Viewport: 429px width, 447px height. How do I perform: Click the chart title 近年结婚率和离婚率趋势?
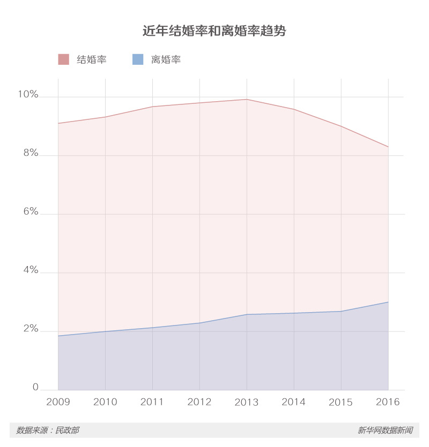click(214, 31)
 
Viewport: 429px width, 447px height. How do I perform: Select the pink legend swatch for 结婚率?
click(63, 59)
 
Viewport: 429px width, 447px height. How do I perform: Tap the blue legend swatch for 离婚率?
click(138, 59)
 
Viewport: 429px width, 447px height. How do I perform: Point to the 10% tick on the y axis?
click(28, 95)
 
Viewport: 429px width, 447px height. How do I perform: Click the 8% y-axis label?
click(30, 154)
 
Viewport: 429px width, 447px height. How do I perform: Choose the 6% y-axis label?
click(30, 212)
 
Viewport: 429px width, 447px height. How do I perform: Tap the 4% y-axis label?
click(30, 270)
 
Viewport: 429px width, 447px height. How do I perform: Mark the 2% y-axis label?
click(30, 329)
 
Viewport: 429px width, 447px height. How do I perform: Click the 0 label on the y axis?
click(35, 387)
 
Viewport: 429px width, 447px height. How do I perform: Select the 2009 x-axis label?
click(58, 402)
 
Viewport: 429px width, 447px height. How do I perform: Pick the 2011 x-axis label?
click(152, 402)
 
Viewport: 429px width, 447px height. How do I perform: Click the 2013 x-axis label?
click(247, 402)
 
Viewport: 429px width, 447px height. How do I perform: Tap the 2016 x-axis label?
click(388, 402)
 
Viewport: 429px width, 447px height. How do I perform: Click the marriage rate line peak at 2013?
click(247, 99)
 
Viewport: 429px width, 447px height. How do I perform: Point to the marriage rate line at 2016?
click(388, 147)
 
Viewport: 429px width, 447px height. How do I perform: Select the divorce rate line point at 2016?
click(388, 302)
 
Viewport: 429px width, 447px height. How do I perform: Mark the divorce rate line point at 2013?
click(247, 314)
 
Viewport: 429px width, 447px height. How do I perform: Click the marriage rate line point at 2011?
click(152, 107)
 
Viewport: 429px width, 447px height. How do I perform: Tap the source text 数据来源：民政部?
click(48, 430)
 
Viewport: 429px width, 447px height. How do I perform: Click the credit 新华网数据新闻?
click(385, 430)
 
